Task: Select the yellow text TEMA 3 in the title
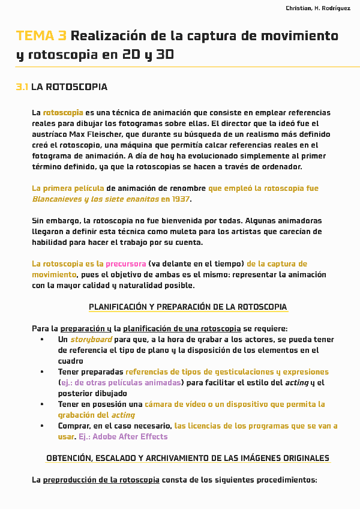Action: (x=41, y=36)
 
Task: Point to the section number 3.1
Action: (x=22, y=88)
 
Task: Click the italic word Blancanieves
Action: (x=57, y=199)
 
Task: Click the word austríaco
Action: (x=50, y=134)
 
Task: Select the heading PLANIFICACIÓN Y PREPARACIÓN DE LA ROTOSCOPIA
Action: (x=188, y=307)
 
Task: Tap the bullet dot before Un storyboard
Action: (x=42, y=340)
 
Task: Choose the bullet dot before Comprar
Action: (x=42, y=426)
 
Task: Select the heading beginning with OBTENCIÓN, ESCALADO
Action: (x=188, y=459)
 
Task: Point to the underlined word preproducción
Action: (x=71, y=480)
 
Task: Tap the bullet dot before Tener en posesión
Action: (x=42, y=405)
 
